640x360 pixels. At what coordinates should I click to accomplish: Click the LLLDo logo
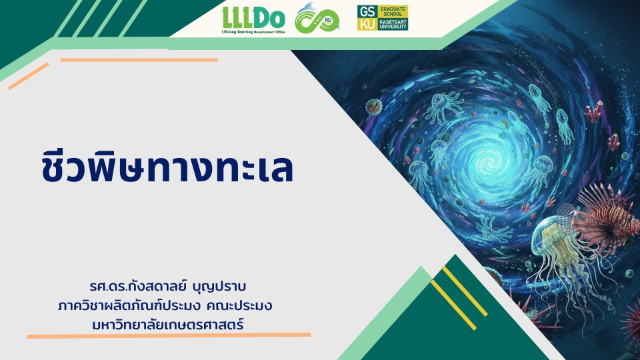point(253,19)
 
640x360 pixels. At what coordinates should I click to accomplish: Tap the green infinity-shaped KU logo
point(317,19)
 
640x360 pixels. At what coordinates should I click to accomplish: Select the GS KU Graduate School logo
point(383,18)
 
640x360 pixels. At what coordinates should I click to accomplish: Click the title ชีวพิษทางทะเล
point(167,167)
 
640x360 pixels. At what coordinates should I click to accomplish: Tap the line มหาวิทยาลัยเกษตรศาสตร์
point(168,325)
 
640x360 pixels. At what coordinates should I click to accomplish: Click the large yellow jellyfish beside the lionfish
point(555,261)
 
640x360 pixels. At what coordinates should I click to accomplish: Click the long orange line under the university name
point(169,335)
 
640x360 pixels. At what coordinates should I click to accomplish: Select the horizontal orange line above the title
point(139,60)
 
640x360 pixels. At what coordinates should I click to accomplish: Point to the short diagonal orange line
point(29,76)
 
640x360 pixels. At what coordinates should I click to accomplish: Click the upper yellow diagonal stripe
point(465,291)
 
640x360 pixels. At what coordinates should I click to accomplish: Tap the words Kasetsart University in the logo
point(393,24)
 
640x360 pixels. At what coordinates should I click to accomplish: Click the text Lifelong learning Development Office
point(253,32)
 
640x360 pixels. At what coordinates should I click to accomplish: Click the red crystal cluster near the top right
point(594,111)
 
